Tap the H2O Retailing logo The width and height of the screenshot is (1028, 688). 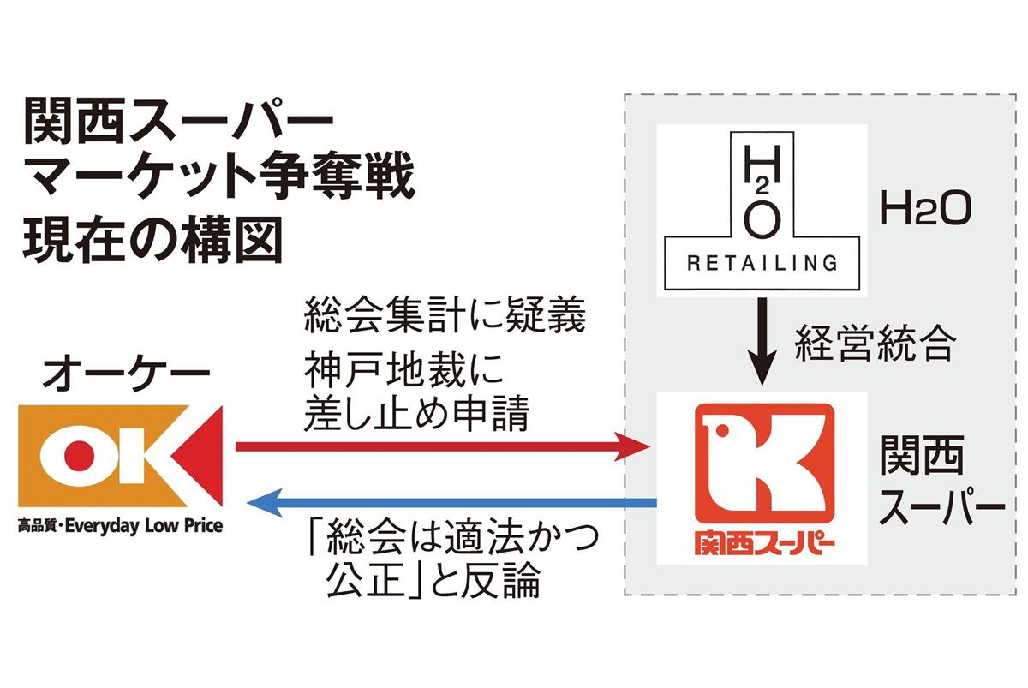762,210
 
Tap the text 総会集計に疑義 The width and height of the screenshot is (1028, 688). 445,318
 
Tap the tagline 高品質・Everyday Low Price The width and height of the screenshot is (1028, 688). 120,525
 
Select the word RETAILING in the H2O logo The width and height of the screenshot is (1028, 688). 762,263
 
